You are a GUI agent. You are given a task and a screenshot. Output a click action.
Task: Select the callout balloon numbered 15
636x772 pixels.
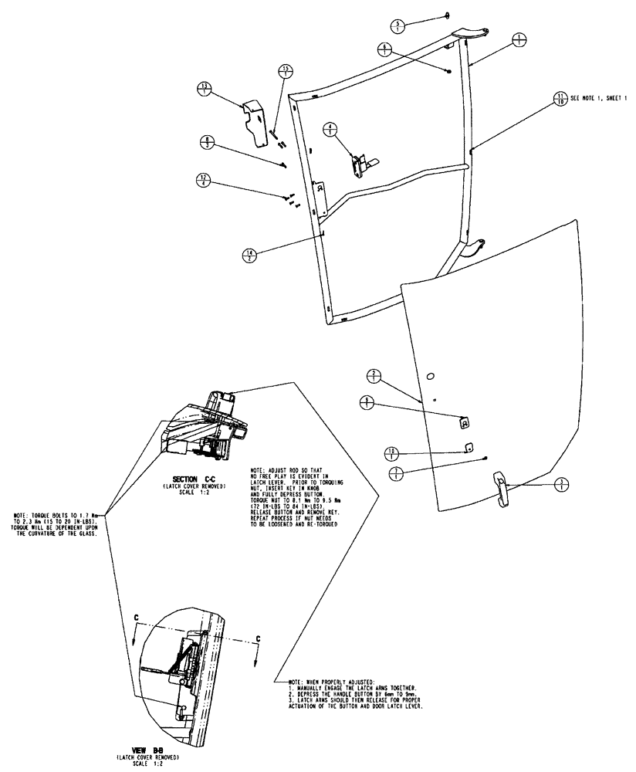click(x=285, y=72)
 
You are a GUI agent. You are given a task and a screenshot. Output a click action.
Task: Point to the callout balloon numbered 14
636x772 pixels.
click(x=249, y=254)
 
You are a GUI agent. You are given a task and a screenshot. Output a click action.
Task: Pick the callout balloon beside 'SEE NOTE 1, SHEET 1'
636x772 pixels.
click(x=559, y=99)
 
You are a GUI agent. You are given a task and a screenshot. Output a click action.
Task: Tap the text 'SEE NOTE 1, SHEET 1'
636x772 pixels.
click(x=599, y=99)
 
